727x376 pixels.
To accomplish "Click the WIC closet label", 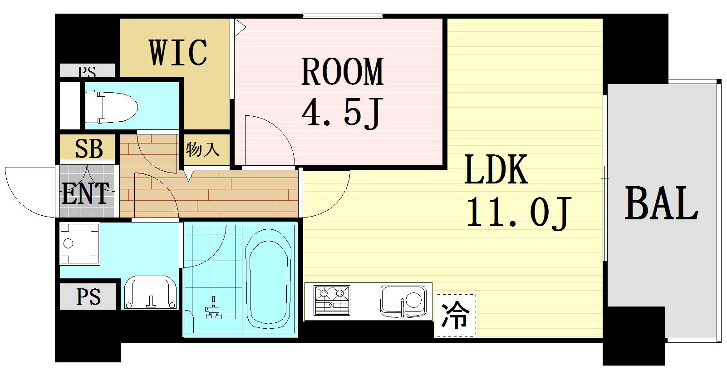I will pos(178,53).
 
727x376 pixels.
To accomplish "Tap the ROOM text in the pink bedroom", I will pos(342,72).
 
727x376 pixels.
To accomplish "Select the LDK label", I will pos(496,170).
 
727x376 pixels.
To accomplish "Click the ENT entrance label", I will pos(86,193).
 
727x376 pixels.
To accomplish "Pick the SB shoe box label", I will pos(88,148).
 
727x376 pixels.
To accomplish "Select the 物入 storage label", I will pos(202,149).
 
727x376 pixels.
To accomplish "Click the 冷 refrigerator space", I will pos(455,316).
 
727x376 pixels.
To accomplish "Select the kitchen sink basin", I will pos(403,301).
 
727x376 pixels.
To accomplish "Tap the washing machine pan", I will pos(80,243).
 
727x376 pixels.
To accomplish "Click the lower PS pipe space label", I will pos(88,297).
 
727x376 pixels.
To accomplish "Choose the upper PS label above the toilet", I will pos(87,71).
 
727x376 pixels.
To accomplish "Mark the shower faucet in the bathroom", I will pos(213,311).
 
